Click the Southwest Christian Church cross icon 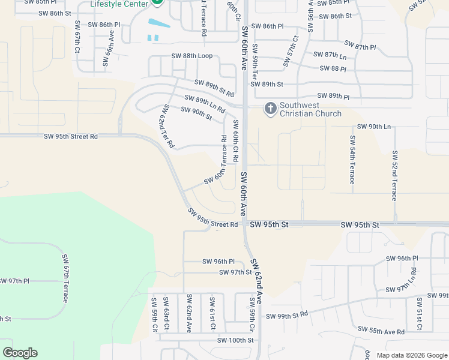[x=270, y=108]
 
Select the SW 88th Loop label [x=191, y=56]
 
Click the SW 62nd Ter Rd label [x=167, y=126]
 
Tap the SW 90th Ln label [x=373, y=127]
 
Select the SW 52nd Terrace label [x=394, y=175]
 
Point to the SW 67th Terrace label [x=65, y=278]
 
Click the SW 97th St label [x=235, y=272]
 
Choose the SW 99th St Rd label [x=286, y=316]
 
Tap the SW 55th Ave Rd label [x=381, y=330]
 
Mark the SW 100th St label [x=236, y=340]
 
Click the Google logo [x=20, y=353]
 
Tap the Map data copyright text [x=411, y=355]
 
